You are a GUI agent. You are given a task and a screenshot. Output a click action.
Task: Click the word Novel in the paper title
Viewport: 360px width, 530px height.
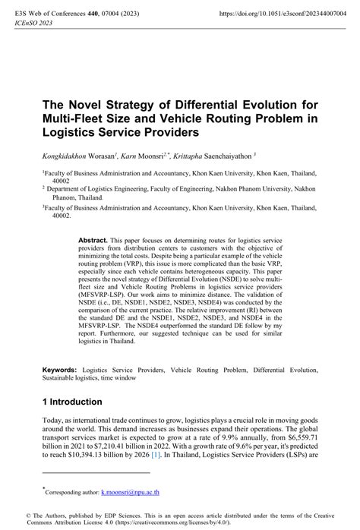[85, 103]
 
